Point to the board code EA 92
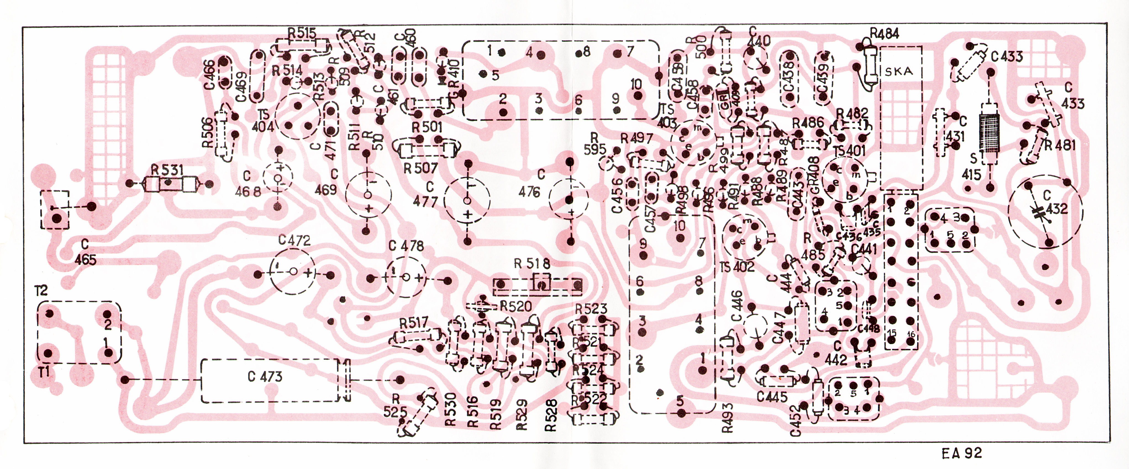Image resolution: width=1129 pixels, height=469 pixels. click(962, 453)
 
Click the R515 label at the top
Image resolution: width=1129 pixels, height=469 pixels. click(302, 33)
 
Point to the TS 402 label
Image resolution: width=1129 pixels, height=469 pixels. click(737, 267)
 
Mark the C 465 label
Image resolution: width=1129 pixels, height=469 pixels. click(85, 253)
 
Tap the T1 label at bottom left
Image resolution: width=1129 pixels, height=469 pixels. click(44, 372)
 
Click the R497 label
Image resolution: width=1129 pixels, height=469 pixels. click(637, 139)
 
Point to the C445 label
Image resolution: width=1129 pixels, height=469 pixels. click(772, 397)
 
